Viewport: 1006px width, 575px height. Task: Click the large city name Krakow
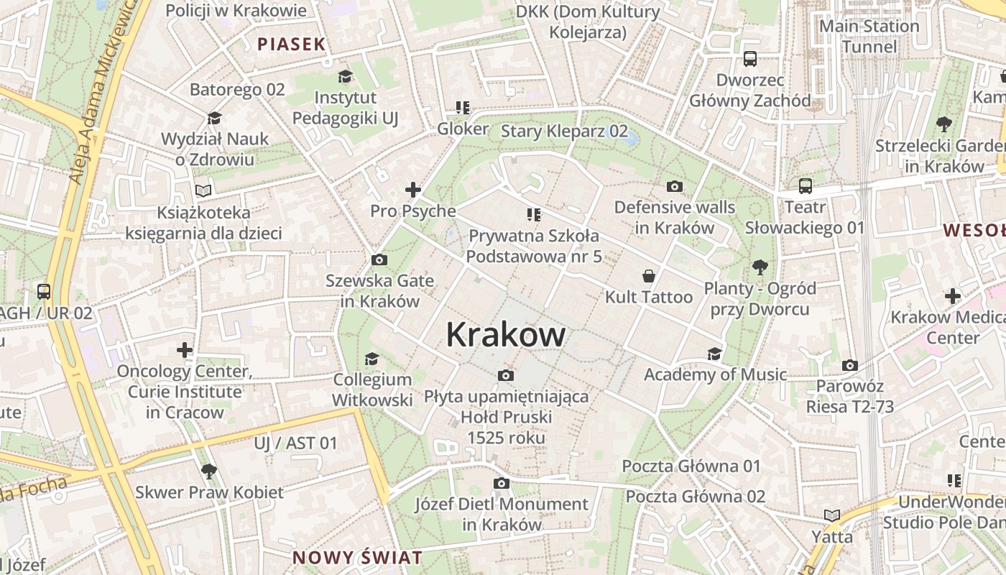[x=505, y=335]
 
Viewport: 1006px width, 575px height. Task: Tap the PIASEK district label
[x=292, y=44]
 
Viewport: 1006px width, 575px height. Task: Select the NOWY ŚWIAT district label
[x=357, y=557]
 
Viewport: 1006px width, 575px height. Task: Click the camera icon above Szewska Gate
[x=379, y=259]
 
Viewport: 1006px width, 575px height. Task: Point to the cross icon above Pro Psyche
[x=412, y=190]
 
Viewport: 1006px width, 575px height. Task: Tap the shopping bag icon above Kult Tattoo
[x=648, y=276]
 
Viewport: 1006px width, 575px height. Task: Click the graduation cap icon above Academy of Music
[x=714, y=354]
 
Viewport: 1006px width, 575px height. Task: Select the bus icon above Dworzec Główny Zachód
[x=749, y=58]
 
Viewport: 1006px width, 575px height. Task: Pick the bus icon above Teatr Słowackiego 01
[x=805, y=186]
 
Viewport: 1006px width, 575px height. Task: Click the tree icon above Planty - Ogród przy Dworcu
[x=760, y=267]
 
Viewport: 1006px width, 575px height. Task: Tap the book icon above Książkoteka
[x=204, y=191]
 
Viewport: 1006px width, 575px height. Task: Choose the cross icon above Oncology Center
[x=185, y=350]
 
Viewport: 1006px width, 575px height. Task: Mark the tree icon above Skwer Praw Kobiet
[x=209, y=471]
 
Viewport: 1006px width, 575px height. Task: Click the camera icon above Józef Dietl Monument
[x=502, y=483]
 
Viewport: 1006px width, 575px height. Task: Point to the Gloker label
[x=463, y=129]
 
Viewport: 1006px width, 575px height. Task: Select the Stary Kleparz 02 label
[x=564, y=131]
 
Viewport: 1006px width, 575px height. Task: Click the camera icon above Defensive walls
[x=674, y=187]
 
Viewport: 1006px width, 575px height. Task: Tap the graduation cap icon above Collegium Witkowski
[x=372, y=359]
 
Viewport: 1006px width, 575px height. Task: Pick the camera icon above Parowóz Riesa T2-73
[x=849, y=365]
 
